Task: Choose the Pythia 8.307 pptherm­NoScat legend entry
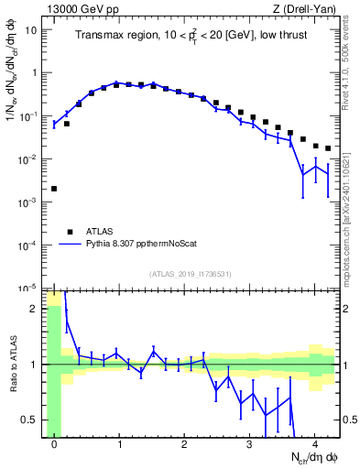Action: (137, 245)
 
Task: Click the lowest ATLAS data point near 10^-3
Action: (54, 189)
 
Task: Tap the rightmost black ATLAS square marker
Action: (328, 148)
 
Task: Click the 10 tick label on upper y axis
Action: (30, 29)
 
